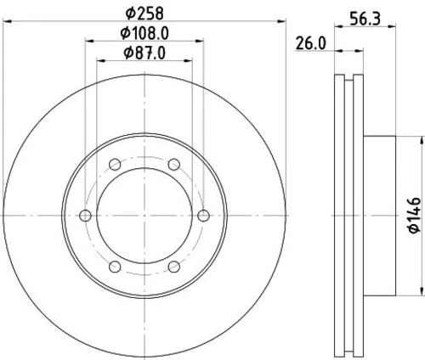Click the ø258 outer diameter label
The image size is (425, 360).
(144, 12)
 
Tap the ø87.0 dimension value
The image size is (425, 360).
(144, 53)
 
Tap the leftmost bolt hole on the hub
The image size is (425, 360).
(85, 216)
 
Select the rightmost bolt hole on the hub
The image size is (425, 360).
(202, 216)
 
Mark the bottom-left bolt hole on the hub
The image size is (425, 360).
(114, 266)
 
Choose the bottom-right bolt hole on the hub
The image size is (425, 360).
(173, 266)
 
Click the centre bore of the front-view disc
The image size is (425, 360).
(144, 216)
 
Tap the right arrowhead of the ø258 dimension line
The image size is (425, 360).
(280, 21)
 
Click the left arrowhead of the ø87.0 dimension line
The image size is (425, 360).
(99, 62)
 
